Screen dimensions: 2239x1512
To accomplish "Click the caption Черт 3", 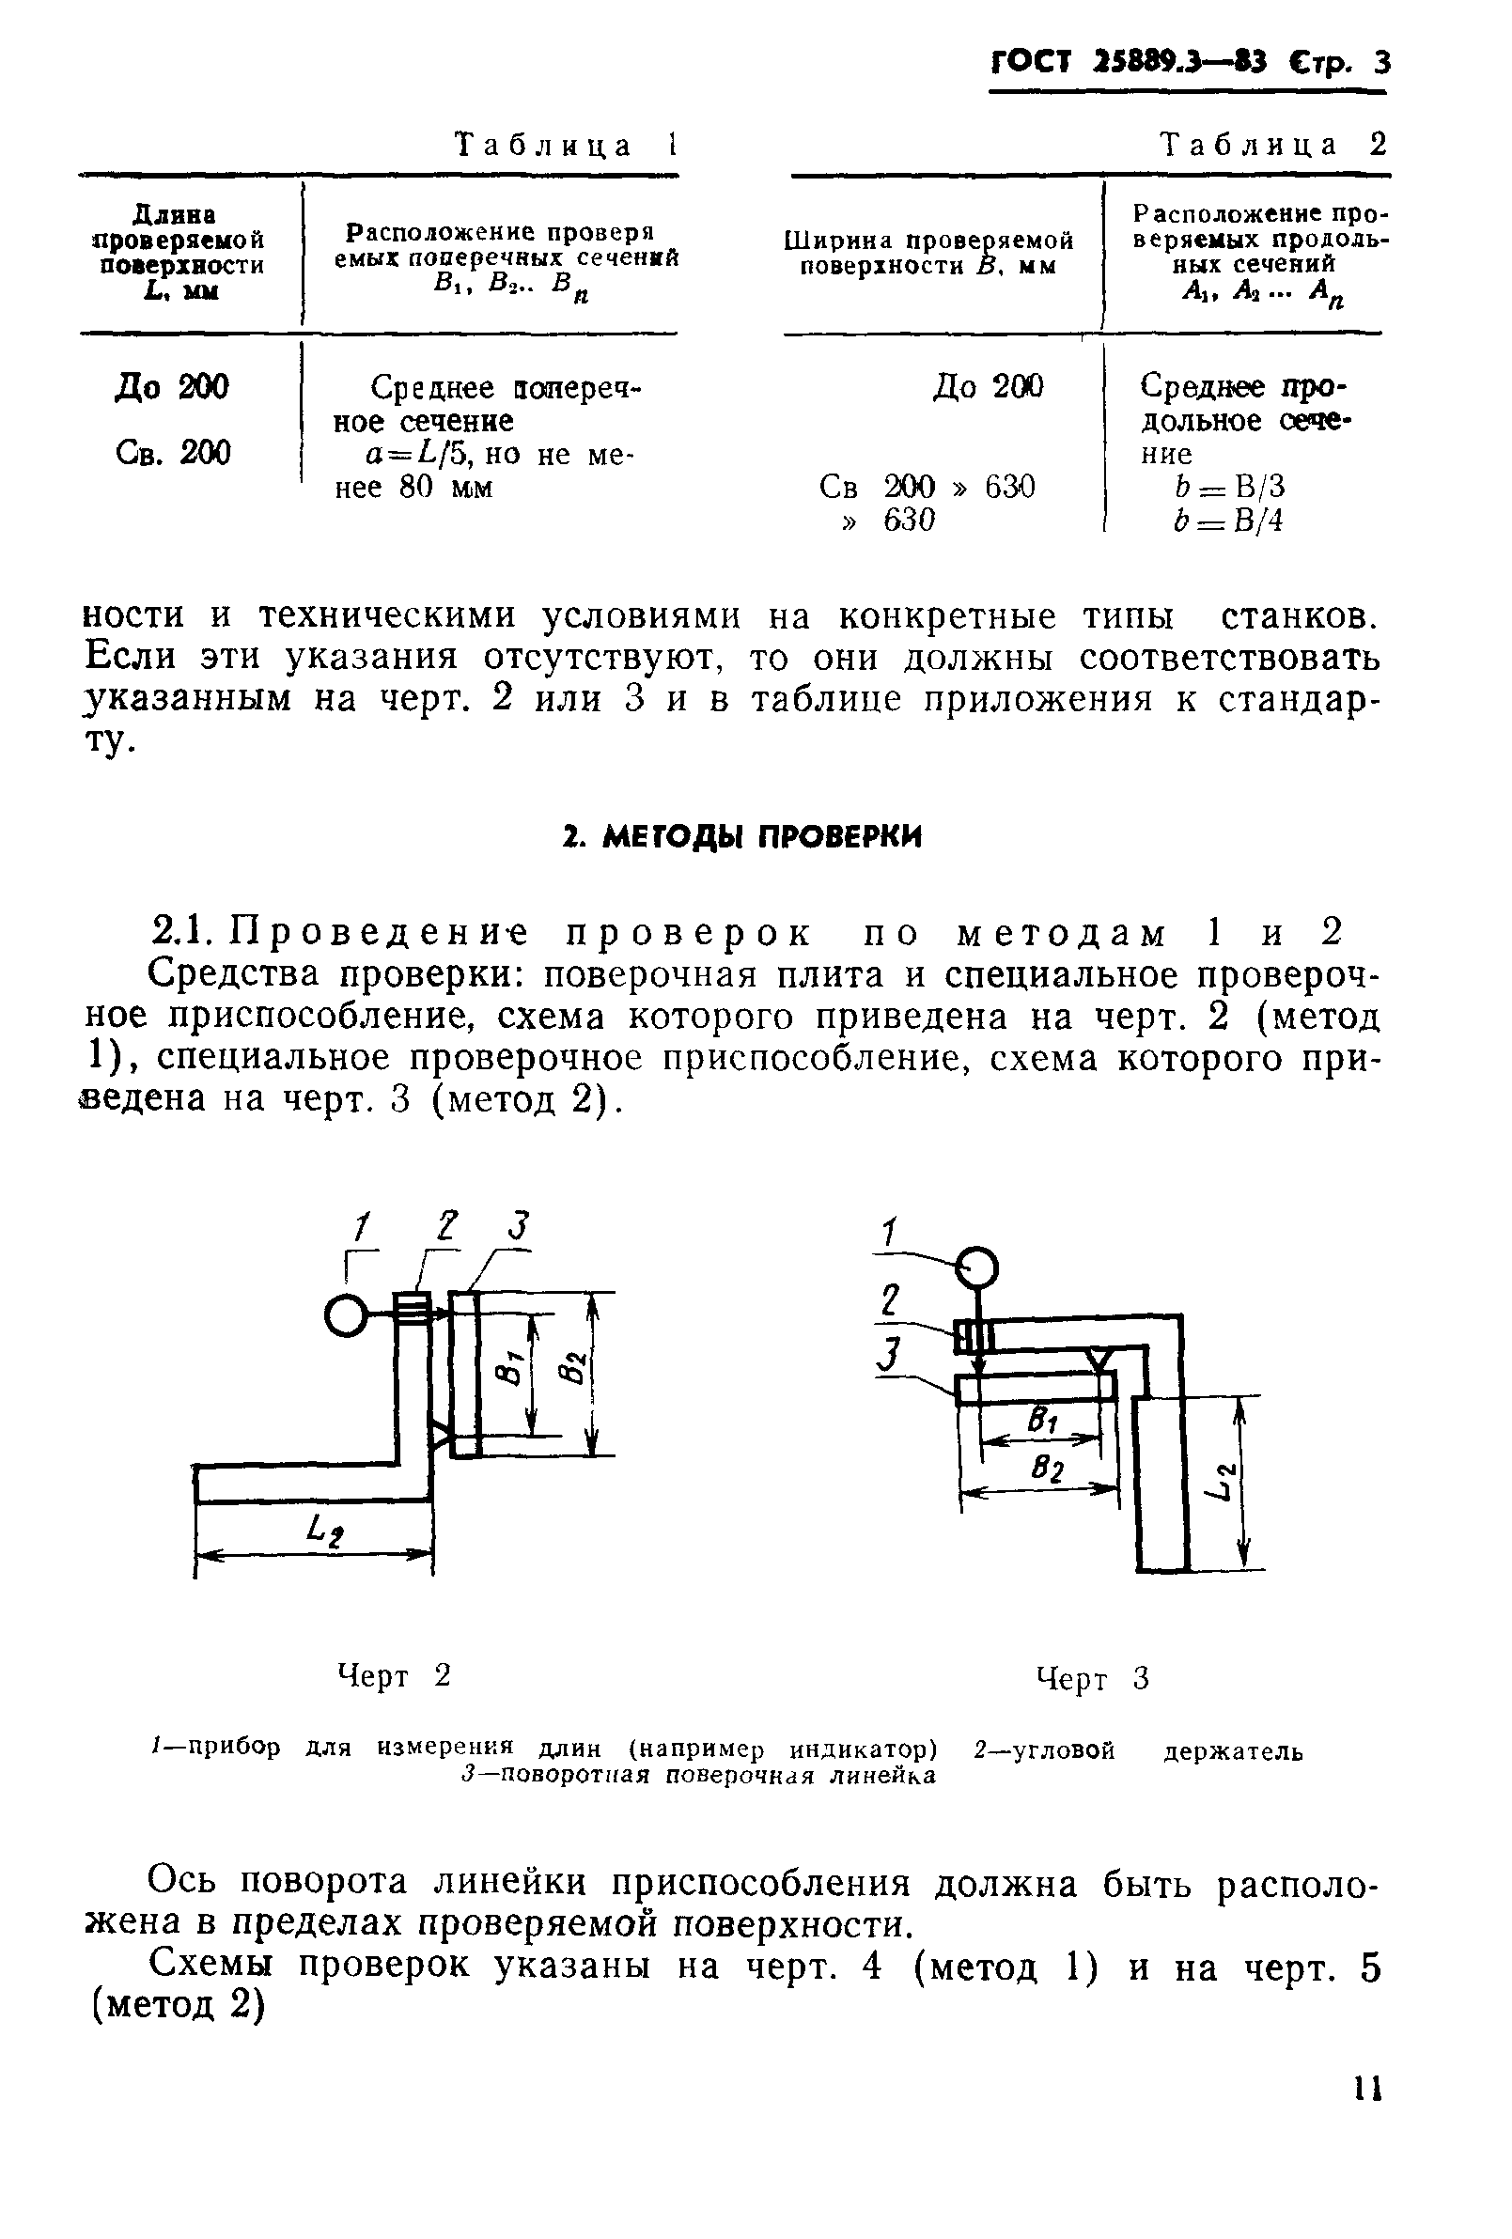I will [x=1093, y=1678].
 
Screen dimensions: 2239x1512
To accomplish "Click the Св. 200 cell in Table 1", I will [x=173, y=453].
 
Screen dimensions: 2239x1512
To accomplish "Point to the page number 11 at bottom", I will [x=1366, y=2089].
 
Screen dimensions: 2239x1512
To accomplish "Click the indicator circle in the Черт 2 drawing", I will [x=344, y=1315].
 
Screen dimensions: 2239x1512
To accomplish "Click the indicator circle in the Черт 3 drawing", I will [x=977, y=1267].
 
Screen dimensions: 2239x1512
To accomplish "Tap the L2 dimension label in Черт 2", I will [x=323, y=1529].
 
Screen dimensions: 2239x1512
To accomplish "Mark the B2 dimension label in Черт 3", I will [x=1048, y=1469].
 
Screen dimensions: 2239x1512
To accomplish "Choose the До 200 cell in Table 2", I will [x=988, y=387].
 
